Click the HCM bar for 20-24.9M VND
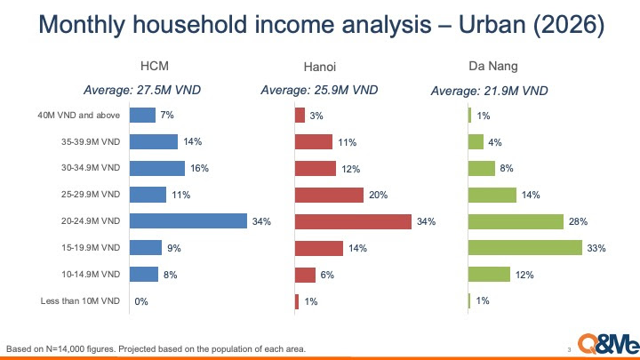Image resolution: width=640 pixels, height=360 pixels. point(188,221)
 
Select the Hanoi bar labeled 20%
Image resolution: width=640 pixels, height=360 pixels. point(329,195)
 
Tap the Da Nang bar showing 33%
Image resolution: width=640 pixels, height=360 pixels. point(524,248)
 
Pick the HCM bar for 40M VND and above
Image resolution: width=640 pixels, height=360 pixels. point(142,115)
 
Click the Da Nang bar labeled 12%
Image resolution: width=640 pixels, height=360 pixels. point(489,275)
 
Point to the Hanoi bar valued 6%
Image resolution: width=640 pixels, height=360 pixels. point(305,275)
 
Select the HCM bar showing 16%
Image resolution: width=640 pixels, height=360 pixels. point(157,168)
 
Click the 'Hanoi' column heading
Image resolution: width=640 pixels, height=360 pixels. point(320,66)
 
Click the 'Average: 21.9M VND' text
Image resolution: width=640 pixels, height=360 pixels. point(489,90)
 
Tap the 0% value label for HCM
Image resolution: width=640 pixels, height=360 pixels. point(140,301)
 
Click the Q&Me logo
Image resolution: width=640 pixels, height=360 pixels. point(604,342)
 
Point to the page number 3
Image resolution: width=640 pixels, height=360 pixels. point(568,348)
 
